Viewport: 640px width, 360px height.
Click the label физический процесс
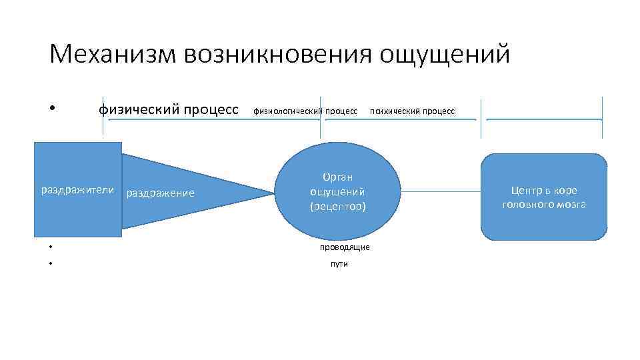(x=168, y=109)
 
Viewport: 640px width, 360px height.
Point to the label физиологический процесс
(x=305, y=111)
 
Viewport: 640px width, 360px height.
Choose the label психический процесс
(x=412, y=111)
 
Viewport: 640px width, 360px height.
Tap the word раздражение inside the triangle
(x=160, y=193)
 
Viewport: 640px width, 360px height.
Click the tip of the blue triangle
(x=273, y=193)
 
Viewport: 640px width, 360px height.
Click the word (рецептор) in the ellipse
(x=338, y=207)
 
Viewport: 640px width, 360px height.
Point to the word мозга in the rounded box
(x=571, y=205)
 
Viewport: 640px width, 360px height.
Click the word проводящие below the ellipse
(x=345, y=247)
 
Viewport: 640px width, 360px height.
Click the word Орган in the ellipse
(x=337, y=177)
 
